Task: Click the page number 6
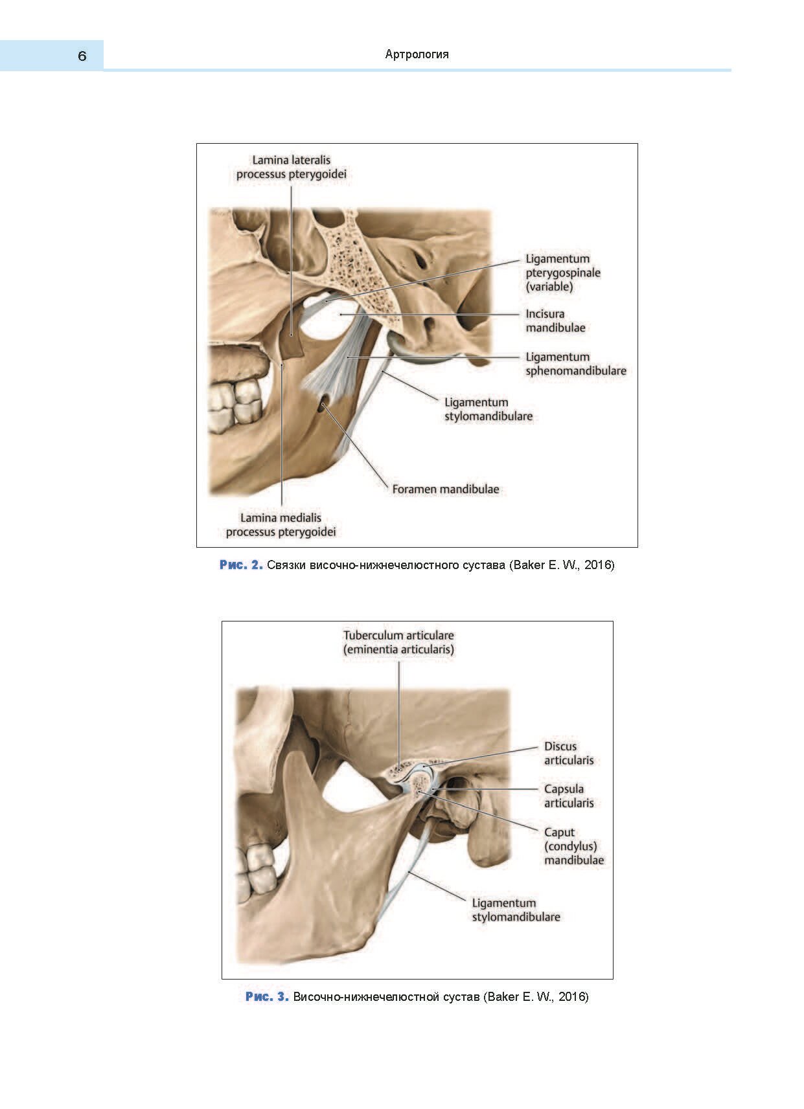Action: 82,56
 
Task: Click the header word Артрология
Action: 417,54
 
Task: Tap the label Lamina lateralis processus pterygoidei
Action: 291,167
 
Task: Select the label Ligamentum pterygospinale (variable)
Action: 562,273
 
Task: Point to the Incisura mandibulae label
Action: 555,320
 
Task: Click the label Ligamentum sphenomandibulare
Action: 575,364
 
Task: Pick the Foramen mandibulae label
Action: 445,489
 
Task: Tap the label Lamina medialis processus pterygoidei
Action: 281,525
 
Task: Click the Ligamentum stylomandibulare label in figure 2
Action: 488,409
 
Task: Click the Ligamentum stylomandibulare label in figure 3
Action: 516,910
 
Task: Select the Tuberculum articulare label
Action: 398,642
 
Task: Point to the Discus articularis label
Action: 568,754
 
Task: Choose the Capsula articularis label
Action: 568,796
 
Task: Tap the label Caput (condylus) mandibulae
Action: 573,846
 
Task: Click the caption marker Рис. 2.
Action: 241,565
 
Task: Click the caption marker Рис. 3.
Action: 267,996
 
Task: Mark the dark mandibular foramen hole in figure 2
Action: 322,406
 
